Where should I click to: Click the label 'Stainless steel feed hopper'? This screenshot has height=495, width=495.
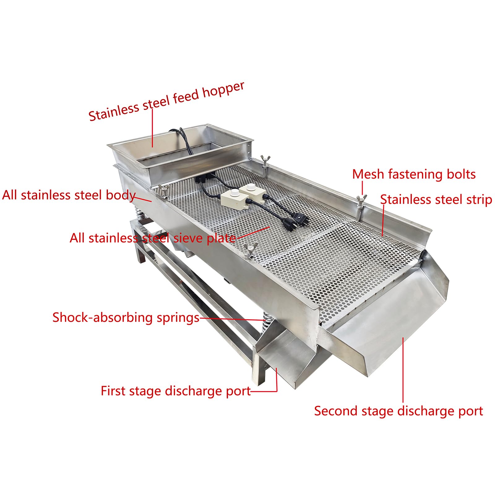point(166,101)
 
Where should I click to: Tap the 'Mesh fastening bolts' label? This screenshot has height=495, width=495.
point(414,174)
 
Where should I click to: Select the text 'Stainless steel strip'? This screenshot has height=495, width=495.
point(436,200)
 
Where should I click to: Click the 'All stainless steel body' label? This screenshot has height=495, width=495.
point(69,195)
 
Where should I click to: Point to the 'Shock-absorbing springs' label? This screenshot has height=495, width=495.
point(126,317)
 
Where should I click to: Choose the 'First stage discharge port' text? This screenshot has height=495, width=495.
point(175,391)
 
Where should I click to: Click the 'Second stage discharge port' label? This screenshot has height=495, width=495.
point(398,411)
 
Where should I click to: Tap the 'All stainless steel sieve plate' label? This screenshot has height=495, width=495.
point(153,238)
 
